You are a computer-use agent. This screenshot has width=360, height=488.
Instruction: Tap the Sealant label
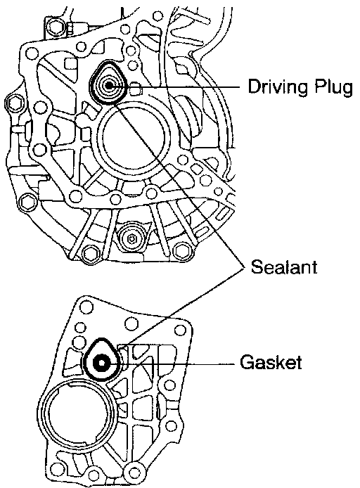coord(284,267)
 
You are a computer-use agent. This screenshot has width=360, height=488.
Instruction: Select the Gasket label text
coord(271,362)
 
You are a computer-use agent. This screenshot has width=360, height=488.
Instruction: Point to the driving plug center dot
coord(109,85)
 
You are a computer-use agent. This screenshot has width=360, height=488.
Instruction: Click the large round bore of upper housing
coord(134,138)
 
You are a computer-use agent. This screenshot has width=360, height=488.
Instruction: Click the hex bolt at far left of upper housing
coord(13,104)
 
